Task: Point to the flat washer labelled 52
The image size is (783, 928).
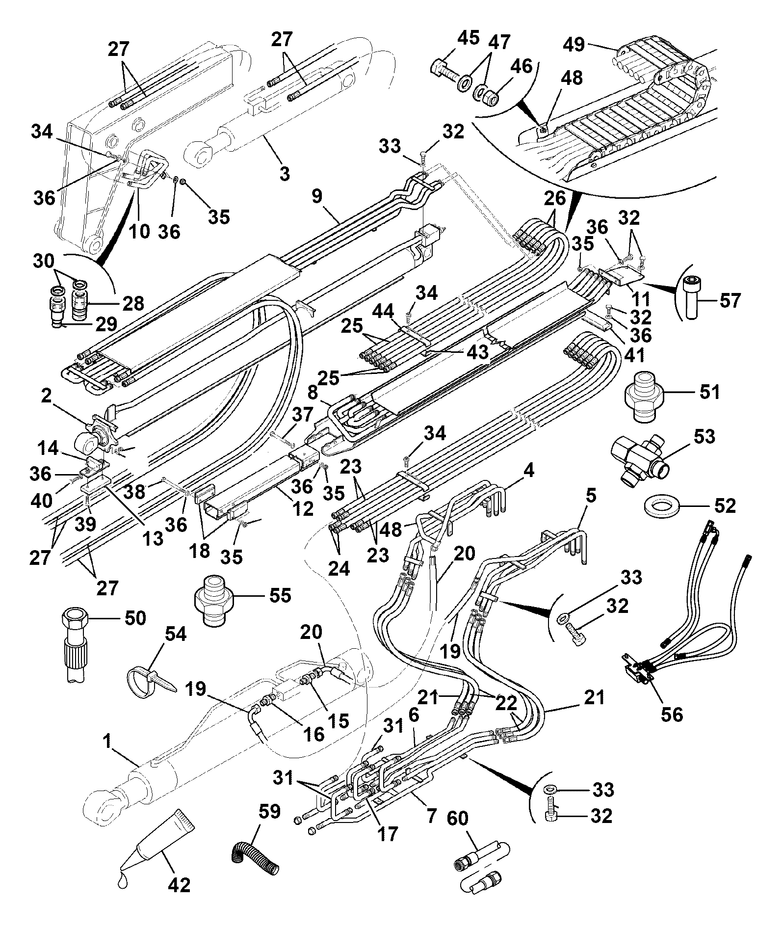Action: pyautogui.click(x=661, y=506)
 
